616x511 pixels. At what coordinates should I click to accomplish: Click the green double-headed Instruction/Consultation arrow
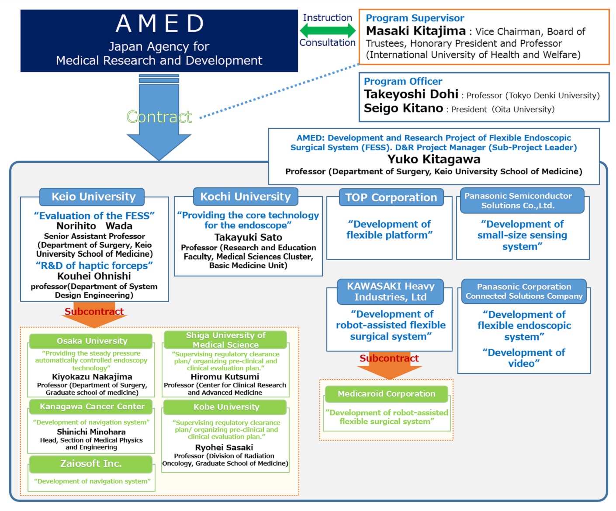327,31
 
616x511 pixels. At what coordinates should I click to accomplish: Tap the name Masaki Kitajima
415,31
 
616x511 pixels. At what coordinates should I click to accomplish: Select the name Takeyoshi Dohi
411,94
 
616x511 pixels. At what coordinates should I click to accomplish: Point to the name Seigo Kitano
403,108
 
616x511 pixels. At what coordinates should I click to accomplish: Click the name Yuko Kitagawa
433,159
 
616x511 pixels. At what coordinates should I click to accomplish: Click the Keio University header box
93,197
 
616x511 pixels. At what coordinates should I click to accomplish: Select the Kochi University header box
245,197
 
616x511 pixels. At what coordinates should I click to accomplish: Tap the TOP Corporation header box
391,197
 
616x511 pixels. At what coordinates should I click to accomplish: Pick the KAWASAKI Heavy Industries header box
390,292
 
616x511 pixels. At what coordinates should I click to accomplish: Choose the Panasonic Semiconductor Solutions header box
518,200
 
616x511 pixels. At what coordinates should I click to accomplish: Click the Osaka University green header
92,341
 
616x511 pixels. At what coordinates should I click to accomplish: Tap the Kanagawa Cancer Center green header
92,407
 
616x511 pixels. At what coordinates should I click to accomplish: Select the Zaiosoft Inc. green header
91,464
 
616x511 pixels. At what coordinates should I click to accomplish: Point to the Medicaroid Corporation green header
386,394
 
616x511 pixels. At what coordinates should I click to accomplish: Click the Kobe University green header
226,407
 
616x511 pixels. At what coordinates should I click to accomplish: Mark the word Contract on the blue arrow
159,117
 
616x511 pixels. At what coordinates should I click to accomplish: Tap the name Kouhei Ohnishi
94,276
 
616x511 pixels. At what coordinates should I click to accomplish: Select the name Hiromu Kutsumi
225,376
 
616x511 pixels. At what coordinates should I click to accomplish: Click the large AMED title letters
159,24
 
